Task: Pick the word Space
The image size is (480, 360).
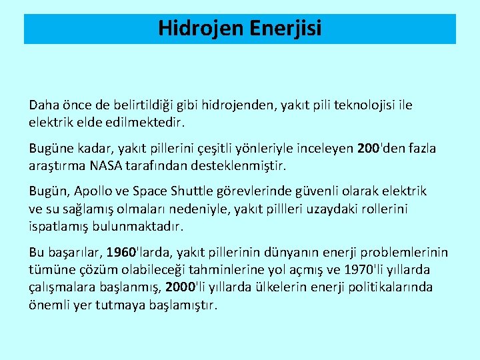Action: tap(153, 191)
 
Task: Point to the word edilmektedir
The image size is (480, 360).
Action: tap(143, 123)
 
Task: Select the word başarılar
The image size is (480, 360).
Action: tap(65, 253)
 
